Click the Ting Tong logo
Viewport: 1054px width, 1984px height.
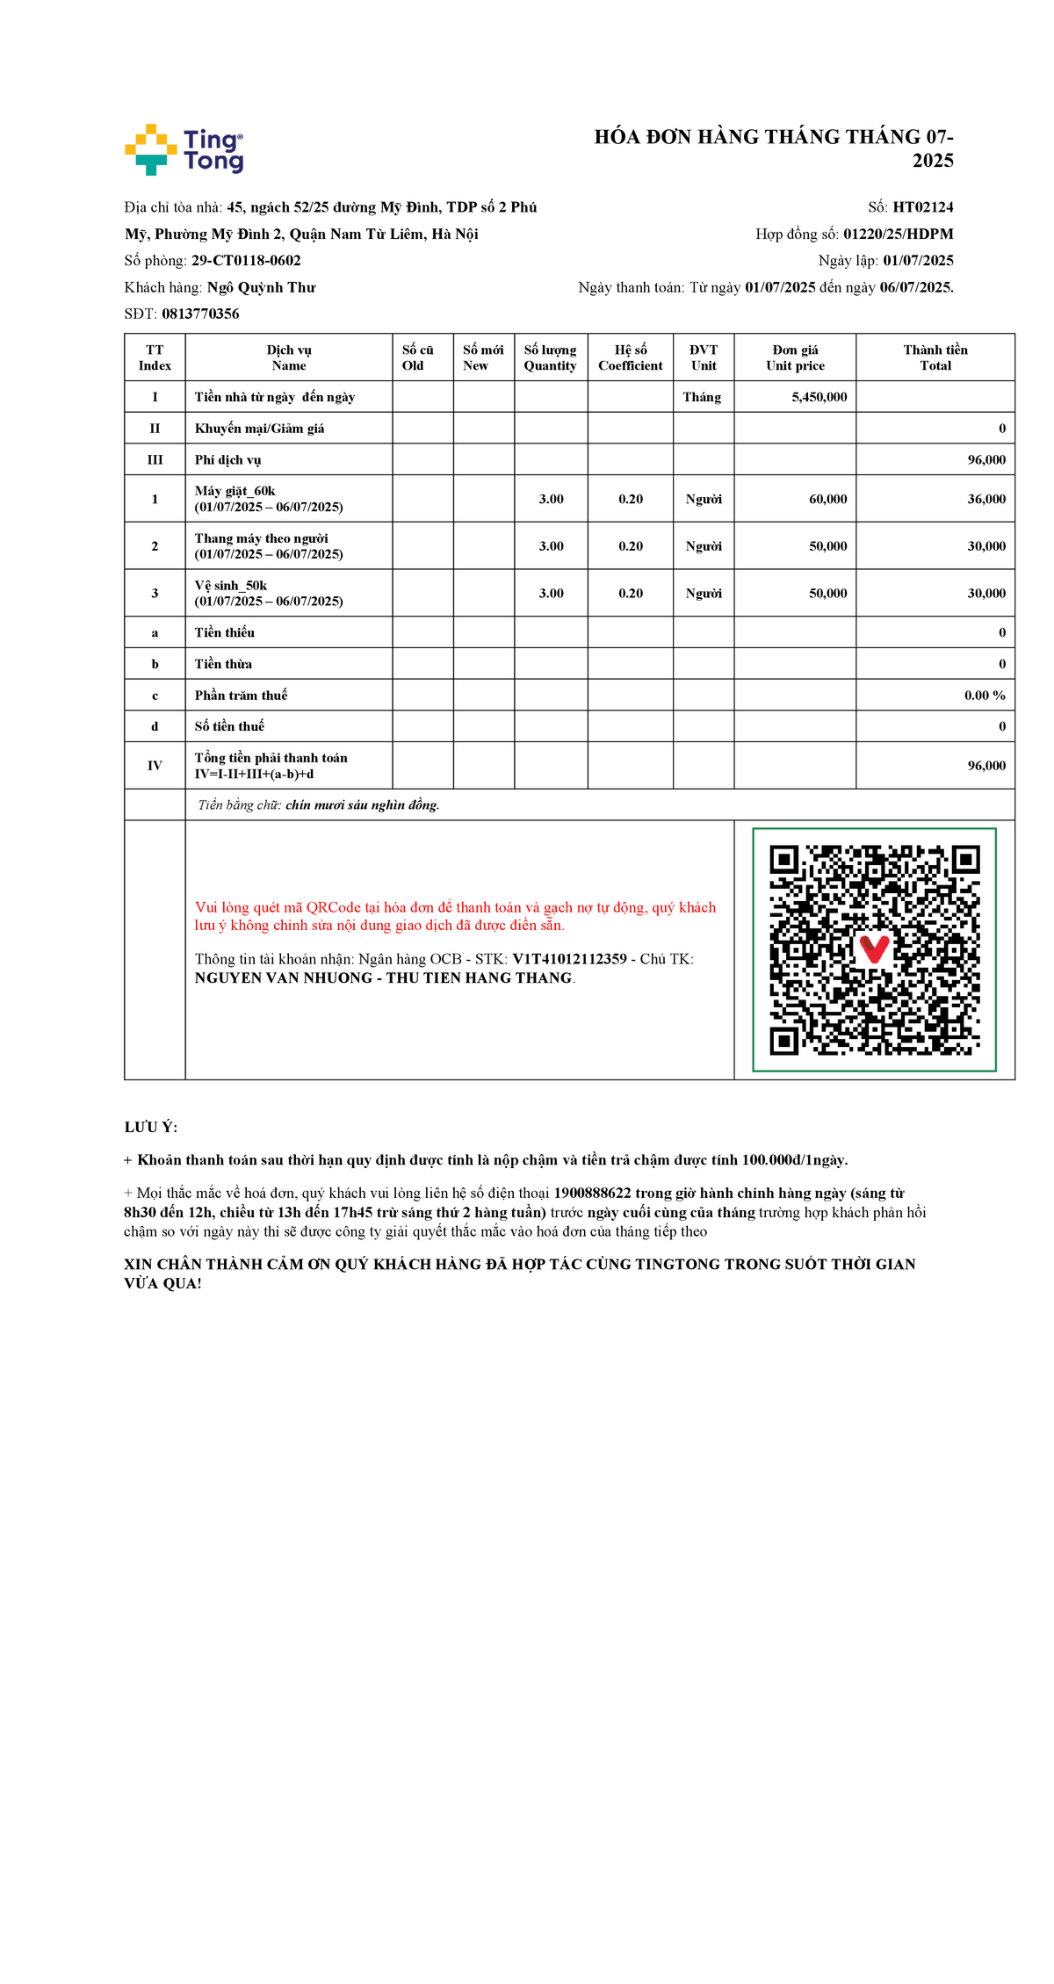pyautogui.click(x=184, y=150)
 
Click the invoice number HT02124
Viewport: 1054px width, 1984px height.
pyautogui.click(x=922, y=207)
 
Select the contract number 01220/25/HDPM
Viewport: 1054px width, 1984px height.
pyautogui.click(x=898, y=234)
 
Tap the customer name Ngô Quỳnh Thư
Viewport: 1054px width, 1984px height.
pyautogui.click(x=261, y=287)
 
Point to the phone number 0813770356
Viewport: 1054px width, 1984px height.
pyautogui.click(x=200, y=314)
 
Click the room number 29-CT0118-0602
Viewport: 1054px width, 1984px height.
pyautogui.click(x=246, y=261)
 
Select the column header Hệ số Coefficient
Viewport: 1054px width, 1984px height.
pyautogui.click(x=630, y=357)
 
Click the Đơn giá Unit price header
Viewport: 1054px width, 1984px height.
pyautogui.click(x=795, y=357)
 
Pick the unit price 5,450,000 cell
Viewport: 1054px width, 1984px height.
pyautogui.click(x=819, y=397)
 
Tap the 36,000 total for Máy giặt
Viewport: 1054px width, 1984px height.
pyautogui.click(x=986, y=499)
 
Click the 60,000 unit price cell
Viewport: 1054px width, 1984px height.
pyautogui.click(x=827, y=499)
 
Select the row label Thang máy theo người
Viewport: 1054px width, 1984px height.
pyautogui.click(x=262, y=538)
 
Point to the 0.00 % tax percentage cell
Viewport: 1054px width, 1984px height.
pyautogui.click(x=984, y=696)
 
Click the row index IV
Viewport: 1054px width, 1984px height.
pyautogui.click(x=155, y=766)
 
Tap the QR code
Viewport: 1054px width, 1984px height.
pyautogui.click(x=874, y=949)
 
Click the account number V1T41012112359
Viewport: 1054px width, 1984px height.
pyautogui.click(x=569, y=959)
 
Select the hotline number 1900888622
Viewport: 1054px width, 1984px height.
pyautogui.click(x=592, y=1194)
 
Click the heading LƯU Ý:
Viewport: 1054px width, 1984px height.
pyautogui.click(x=151, y=1128)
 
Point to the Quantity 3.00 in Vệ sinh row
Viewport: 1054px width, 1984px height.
pyautogui.click(x=551, y=594)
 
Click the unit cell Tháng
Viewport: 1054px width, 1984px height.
pyautogui.click(x=702, y=397)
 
